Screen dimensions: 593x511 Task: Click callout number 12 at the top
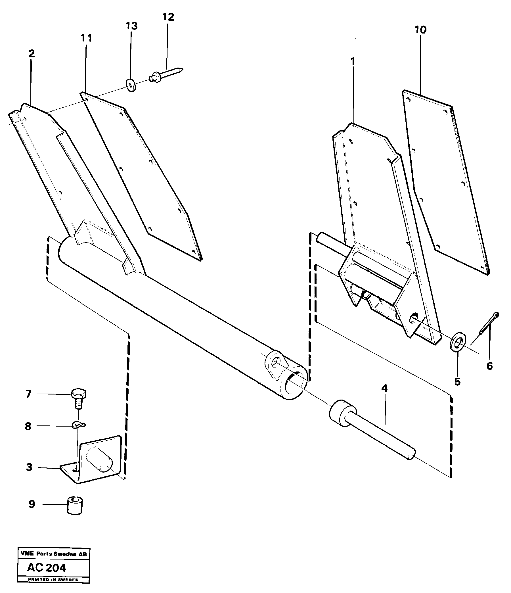[x=168, y=17]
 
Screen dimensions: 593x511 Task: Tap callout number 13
[x=132, y=26]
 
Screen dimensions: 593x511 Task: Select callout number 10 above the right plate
[x=420, y=30]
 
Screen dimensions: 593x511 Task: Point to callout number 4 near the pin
[x=384, y=388]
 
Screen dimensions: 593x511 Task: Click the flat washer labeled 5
[x=457, y=341]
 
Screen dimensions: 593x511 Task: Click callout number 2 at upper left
[x=32, y=53]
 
